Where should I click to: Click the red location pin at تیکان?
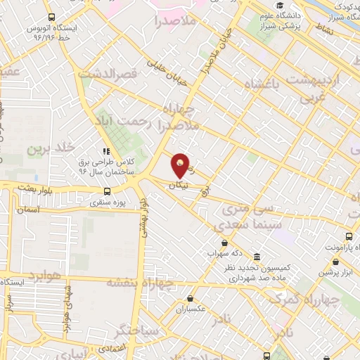pos(181,165)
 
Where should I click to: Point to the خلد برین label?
pos(51,149)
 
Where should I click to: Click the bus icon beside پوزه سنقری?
pos(107,191)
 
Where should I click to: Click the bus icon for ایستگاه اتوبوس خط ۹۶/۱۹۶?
pos(51,17)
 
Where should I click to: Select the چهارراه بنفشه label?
pos(139,283)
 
